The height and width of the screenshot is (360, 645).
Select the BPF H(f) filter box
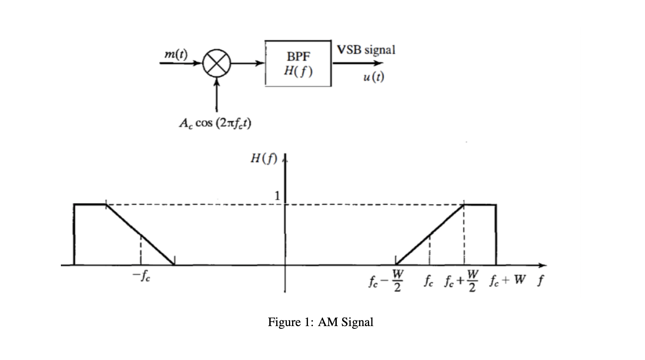pyautogui.click(x=298, y=63)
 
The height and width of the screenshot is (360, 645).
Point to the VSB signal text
pyautogui.click(x=366, y=50)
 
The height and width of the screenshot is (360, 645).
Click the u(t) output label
pyautogui.click(x=373, y=77)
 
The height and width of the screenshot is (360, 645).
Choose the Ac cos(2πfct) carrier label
pyautogui.click(x=215, y=124)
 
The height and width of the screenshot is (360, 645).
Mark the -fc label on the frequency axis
pyautogui.click(x=141, y=276)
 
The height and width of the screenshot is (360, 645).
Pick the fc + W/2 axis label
pyautogui.click(x=463, y=281)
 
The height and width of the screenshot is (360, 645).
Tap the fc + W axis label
pyautogui.click(x=508, y=279)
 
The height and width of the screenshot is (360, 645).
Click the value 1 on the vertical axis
pyautogui.click(x=276, y=195)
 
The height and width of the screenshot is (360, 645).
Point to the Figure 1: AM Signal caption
pyautogui.click(x=321, y=322)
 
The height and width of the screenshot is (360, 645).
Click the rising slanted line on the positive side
pyautogui.click(x=430, y=235)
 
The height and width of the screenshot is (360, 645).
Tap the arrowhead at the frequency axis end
pyautogui.click(x=543, y=265)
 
